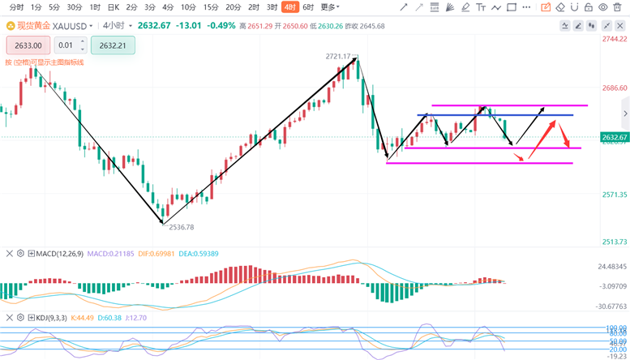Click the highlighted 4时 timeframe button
pos(289,6)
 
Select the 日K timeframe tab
pos(114,6)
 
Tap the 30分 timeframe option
pos(75,6)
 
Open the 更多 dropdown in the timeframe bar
pos(329,6)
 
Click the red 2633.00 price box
pos(28,45)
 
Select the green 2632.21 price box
pos(114,45)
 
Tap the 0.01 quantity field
pos(71,45)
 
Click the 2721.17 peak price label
pos(337,57)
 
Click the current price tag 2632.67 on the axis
pos(614,137)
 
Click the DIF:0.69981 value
pos(157,254)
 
